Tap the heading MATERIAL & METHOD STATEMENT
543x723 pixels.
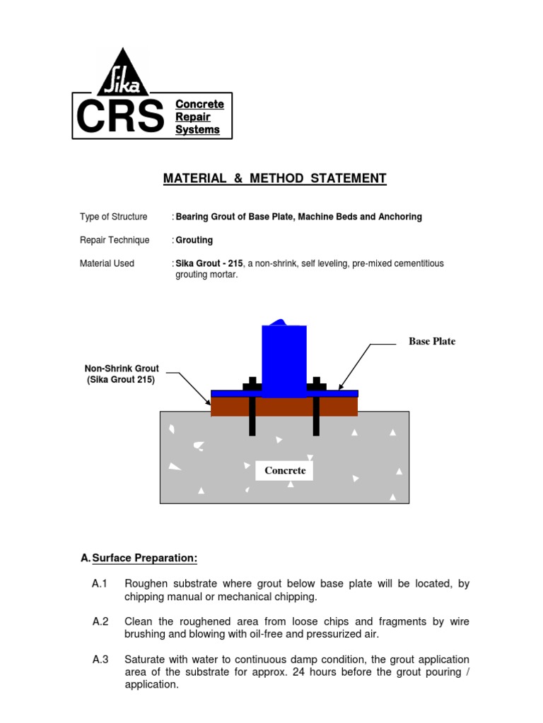pos(275,179)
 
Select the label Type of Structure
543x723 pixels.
pos(113,217)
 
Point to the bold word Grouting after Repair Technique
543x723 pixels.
pos(194,240)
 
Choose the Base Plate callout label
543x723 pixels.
pos(432,342)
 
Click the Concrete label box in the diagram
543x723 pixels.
pos(285,471)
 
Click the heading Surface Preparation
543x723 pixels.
pos(144,558)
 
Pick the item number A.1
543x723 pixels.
pos(99,584)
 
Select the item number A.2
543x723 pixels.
pos(100,622)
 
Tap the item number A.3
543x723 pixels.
pos(100,660)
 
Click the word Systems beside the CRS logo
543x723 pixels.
pos(197,130)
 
